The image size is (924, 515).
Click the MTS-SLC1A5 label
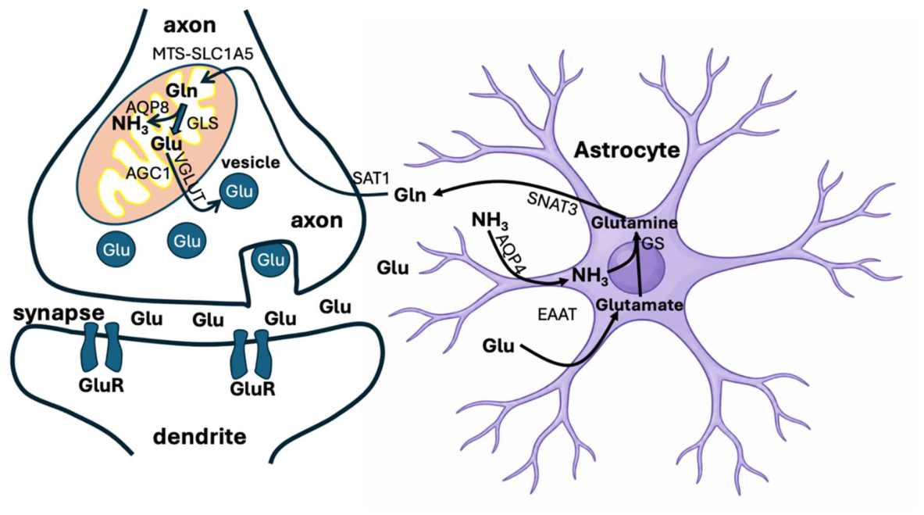[203, 54]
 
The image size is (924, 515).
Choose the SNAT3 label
[551, 203]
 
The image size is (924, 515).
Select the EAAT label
[557, 315]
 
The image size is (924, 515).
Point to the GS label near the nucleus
[652, 244]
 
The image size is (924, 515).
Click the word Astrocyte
[627, 150]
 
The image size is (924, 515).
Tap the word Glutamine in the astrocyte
[634, 223]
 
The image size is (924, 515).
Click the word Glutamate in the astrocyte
[640, 305]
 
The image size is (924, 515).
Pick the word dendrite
[199, 437]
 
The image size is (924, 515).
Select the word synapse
[59, 314]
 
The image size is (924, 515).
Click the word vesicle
[251, 162]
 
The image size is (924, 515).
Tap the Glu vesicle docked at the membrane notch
[271, 259]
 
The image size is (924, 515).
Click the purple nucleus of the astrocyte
[637, 269]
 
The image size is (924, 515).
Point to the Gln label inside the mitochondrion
[181, 91]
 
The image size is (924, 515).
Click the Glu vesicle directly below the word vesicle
[239, 191]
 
